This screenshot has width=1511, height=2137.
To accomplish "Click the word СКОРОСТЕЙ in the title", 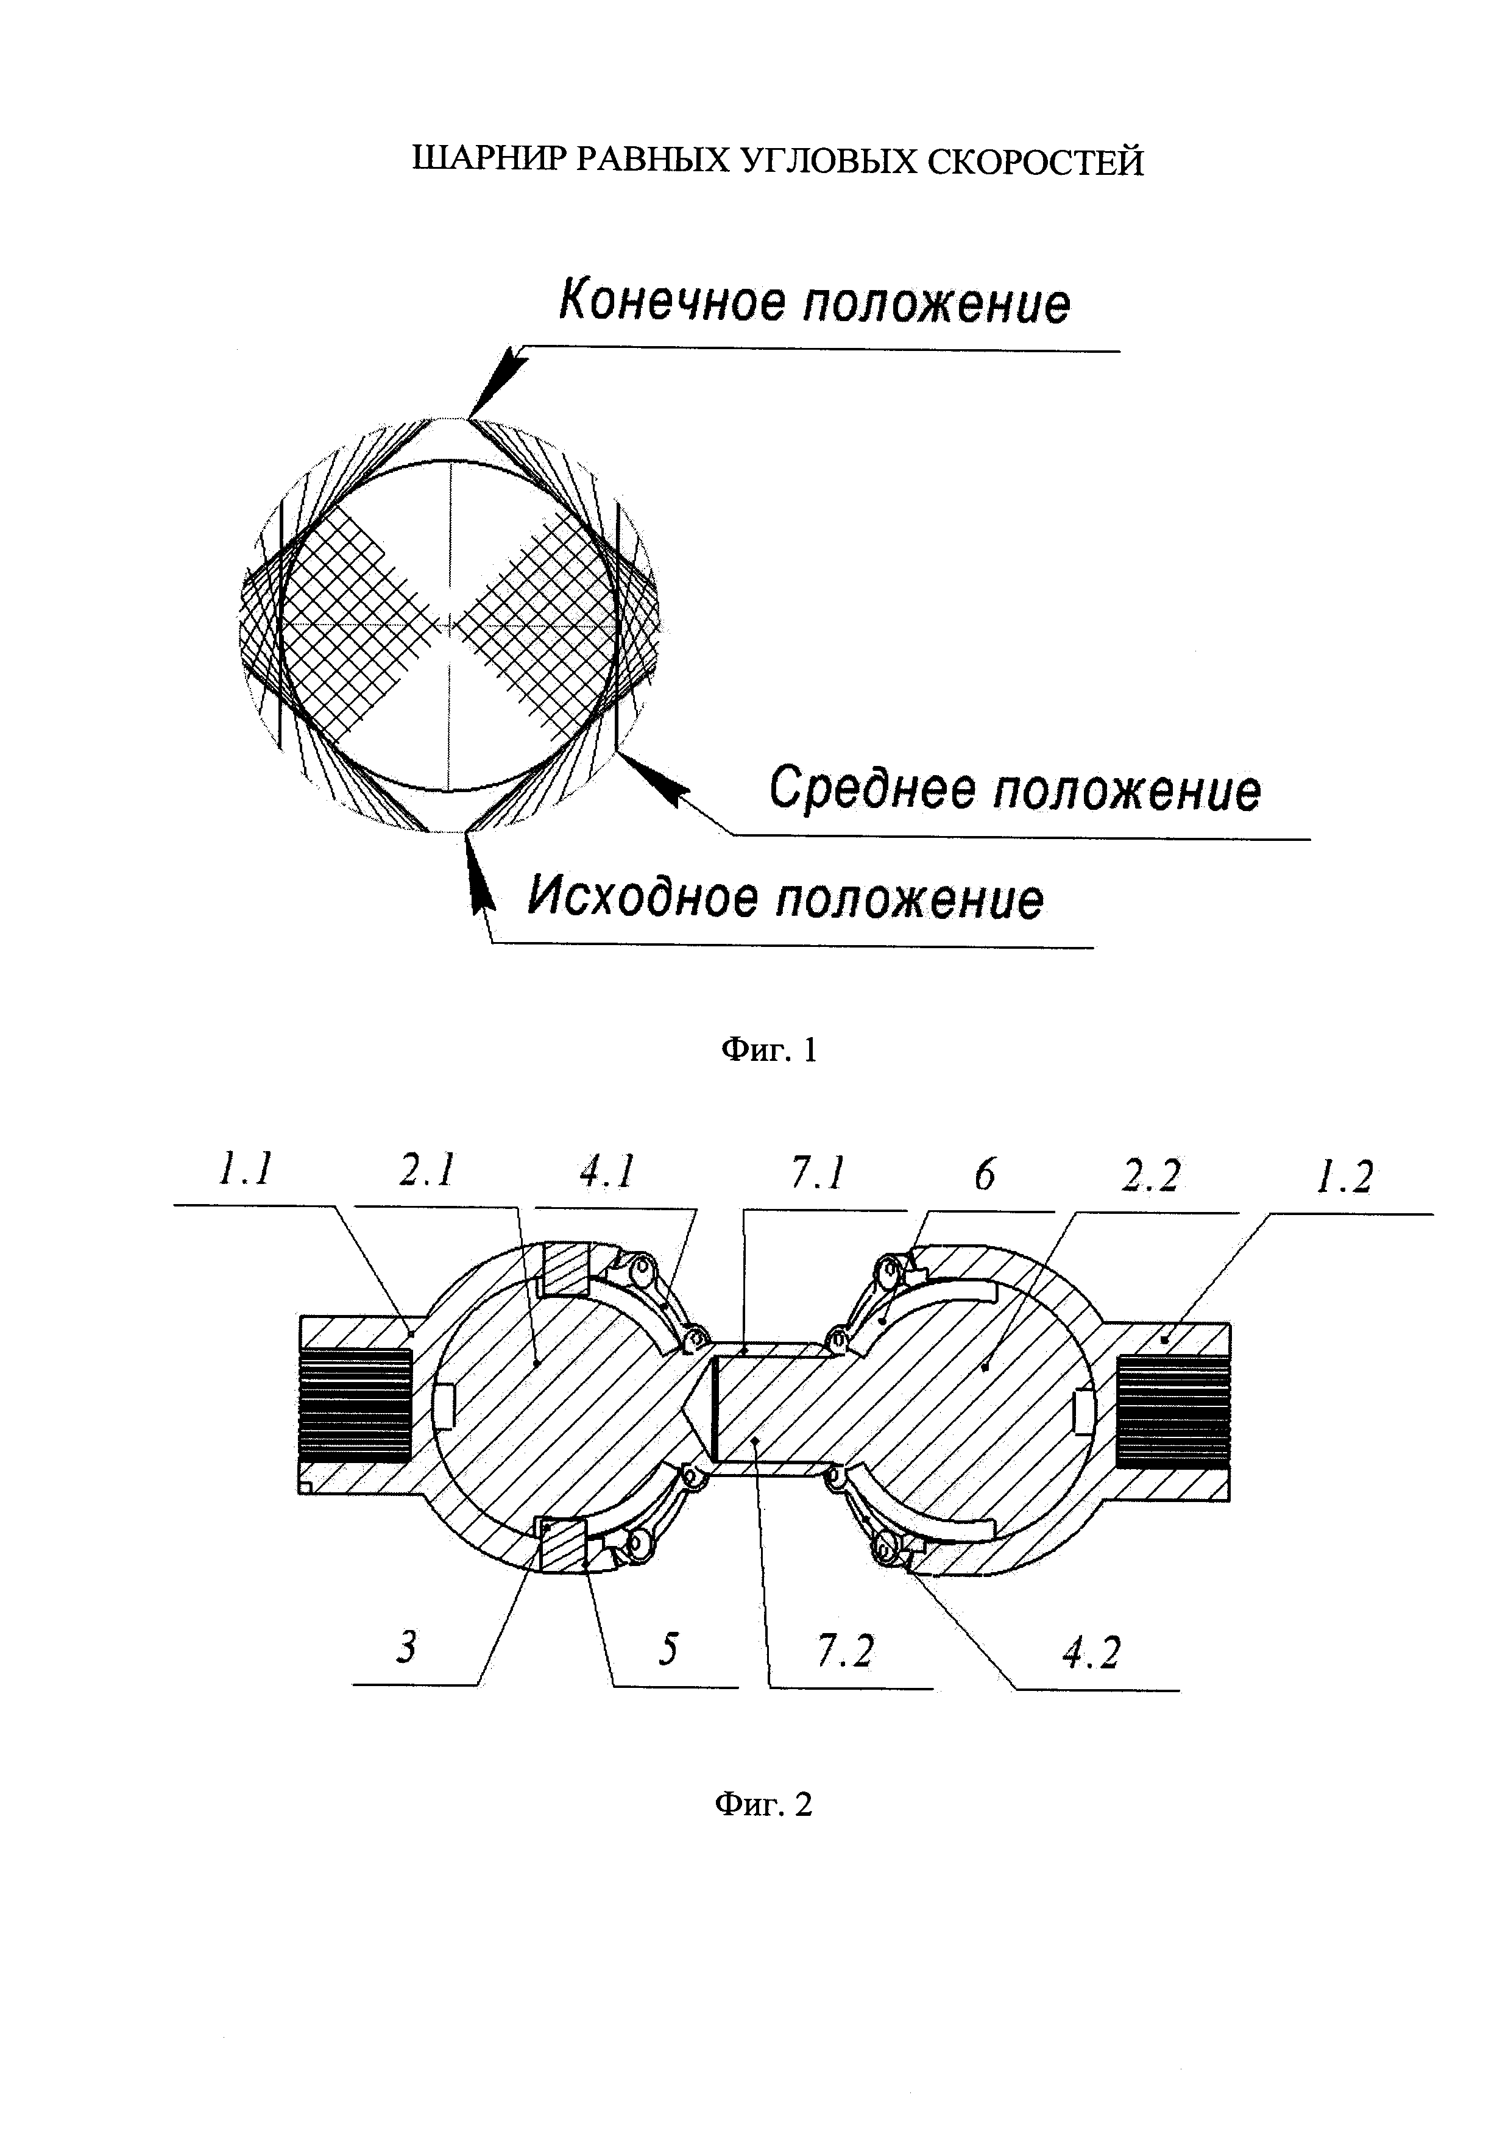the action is coord(1036,162).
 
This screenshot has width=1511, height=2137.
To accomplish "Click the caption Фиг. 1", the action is coord(770,1050).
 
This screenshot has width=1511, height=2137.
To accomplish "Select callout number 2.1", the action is coord(427,1170).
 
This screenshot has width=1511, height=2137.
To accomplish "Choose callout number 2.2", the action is coord(1151,1177).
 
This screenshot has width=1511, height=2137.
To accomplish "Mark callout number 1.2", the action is coord(1343,1179).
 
